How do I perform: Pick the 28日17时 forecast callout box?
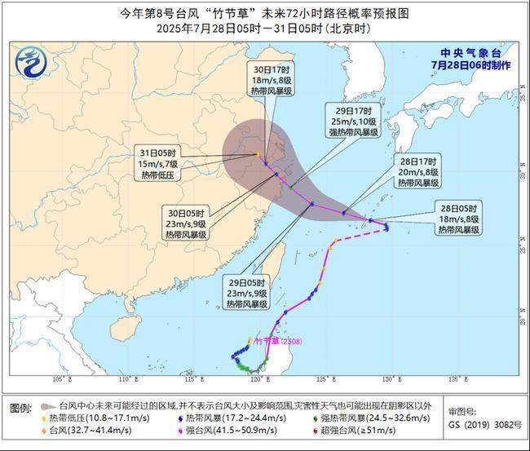pos(418,171)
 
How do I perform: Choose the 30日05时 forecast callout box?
pos(186,223)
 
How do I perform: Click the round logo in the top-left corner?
pos(31,60)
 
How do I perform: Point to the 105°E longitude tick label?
pos(59,379)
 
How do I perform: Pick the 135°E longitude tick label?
pos(460,379)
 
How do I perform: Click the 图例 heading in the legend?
pos(20,407)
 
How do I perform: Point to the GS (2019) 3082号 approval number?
pos(484,425)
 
